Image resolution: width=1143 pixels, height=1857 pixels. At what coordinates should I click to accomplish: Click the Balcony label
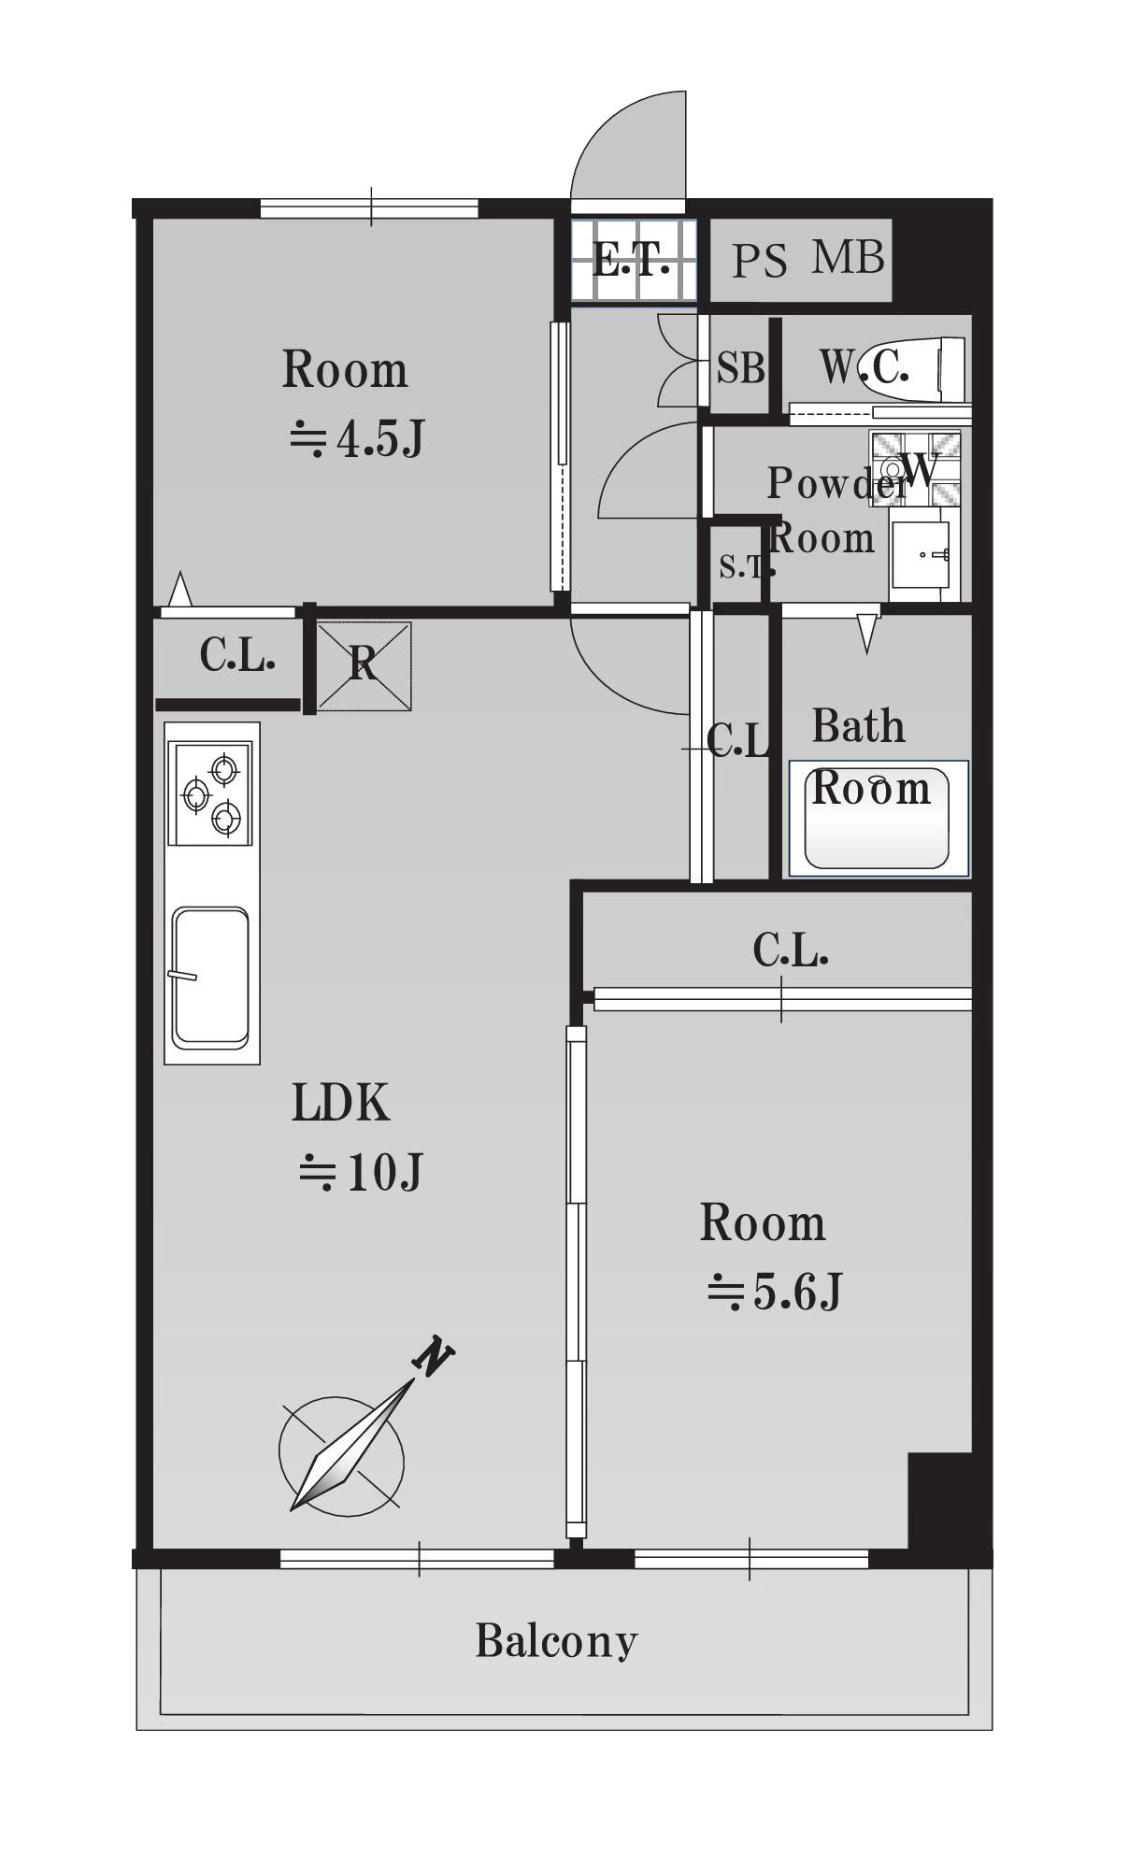[x=556, y=1641]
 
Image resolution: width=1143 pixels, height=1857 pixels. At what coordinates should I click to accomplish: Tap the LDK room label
[x=340, y=1103]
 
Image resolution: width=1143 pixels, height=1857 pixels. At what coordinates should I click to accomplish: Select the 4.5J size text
[x=357, y=438]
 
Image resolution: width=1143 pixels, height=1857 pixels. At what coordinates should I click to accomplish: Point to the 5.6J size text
[x=775, y=1292]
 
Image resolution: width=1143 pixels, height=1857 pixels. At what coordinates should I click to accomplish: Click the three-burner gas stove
[x=211, y=793]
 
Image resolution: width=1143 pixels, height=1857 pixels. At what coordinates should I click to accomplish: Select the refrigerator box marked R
[x=364, y=666]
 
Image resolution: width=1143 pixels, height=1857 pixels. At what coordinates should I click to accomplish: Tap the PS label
[x=759, y=261]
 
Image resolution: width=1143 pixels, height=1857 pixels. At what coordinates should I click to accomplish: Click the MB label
[x=848, y=257]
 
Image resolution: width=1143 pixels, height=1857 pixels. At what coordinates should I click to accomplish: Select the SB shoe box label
[x=741, y=368]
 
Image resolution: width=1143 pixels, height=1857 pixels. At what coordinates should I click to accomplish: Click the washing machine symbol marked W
[x=915, y=468]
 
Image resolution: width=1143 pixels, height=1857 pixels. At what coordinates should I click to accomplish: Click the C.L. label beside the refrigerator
[x=237, y=655]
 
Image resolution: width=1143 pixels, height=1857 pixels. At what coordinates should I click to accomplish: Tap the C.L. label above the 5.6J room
[x=791, y=950]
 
